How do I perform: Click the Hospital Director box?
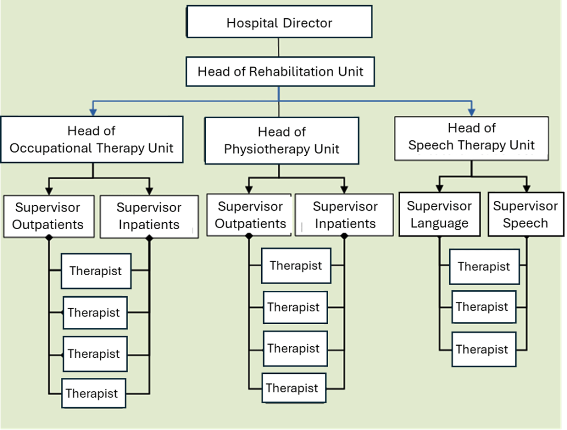(279, 23)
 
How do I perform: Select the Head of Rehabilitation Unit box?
(280, 72)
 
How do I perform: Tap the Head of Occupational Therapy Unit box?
(91, 139)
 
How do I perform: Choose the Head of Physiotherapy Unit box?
(282, 140)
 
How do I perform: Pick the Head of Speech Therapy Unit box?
(471, 137)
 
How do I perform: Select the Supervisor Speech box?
(525, 215)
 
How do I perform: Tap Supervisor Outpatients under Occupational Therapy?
(48, 216)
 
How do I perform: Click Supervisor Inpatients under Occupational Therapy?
(149, 216)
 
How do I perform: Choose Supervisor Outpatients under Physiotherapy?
(250, 215)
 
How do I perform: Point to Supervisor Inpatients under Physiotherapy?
(344, 215)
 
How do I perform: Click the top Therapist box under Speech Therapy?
(484, 266)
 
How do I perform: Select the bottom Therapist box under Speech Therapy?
(482, 350)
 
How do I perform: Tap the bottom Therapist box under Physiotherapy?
(293, 388)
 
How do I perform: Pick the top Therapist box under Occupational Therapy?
(96, 271)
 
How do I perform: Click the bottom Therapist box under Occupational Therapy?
(92, 393)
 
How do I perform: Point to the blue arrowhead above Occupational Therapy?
(93, 110)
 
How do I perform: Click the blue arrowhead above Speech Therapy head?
(472, 109)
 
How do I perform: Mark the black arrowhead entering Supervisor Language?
(439, 187)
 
